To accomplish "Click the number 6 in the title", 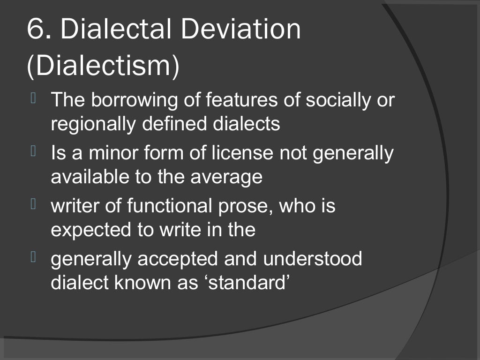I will pyautogui.click(x=35, y=30).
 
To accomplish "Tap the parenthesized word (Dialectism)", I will pyautogui.click(x=103, y=66).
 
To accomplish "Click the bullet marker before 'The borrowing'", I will pyautogui.click(x=33, y=98).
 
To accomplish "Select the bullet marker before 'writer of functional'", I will pyautogui.click(x=33, y=204).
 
